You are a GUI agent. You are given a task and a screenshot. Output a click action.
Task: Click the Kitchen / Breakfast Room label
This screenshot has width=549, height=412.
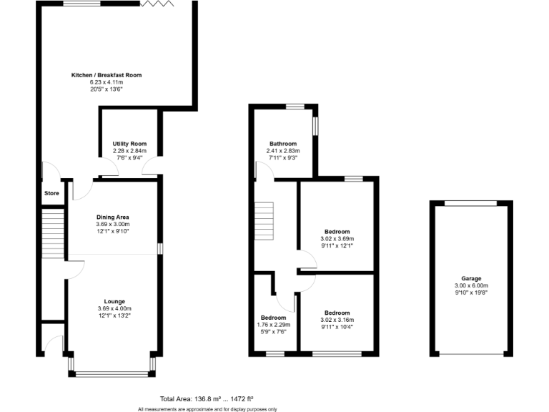[107, 75]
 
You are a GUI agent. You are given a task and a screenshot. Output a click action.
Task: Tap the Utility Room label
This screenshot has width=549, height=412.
[129, 144]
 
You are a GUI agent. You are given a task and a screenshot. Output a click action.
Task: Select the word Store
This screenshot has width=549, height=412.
[51, 193]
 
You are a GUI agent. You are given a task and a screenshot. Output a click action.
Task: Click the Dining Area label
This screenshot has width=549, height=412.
[112, 217]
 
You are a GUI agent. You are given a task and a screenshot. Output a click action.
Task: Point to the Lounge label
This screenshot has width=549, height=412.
[114, 302]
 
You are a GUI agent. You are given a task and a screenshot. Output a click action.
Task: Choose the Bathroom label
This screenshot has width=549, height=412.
[283, 144]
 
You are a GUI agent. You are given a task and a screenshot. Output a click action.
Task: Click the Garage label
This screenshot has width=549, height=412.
[471, 278]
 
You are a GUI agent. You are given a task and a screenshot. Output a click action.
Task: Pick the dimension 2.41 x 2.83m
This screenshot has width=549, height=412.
[283, 151]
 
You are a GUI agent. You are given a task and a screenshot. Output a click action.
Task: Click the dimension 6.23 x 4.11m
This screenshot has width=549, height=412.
[107, 82]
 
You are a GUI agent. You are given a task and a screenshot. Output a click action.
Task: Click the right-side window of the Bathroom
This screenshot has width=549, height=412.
[315, 124]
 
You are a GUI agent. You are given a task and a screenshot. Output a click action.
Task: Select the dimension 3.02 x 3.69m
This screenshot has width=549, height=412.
[337, 239]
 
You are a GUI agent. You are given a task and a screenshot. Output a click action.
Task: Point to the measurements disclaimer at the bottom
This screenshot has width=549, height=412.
[207, 408]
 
